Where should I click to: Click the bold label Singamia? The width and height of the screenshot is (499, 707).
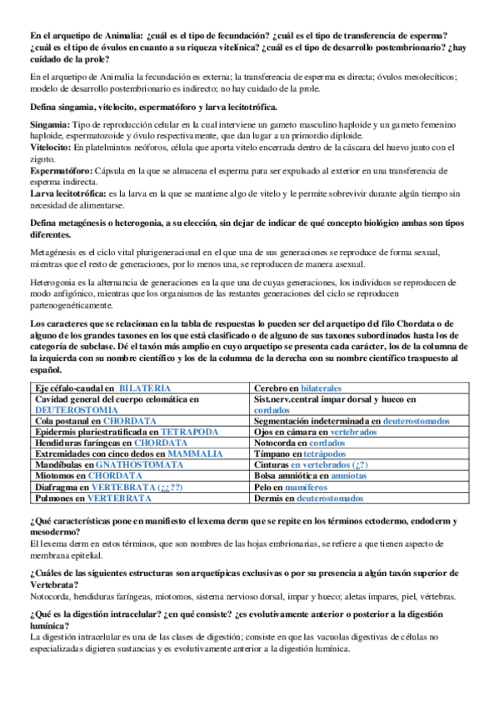coord(52,123)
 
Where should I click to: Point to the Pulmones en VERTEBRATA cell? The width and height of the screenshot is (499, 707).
coord(92,498)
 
